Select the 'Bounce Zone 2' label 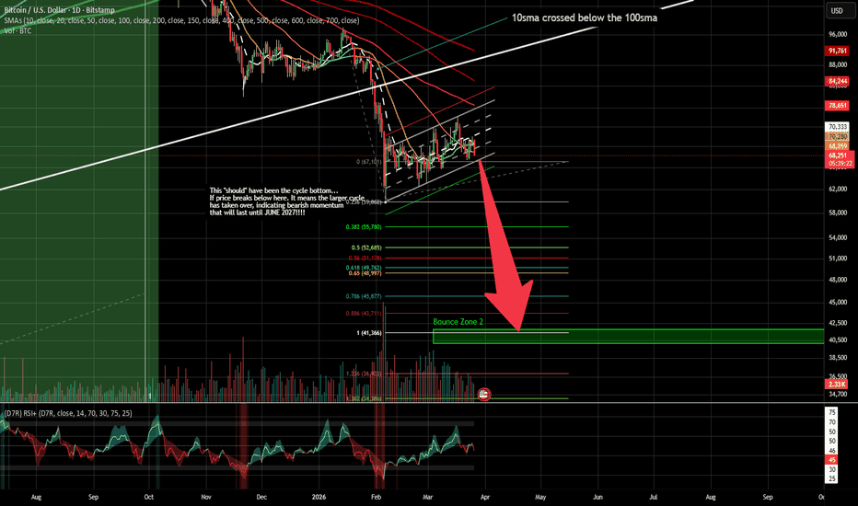click(458, 323)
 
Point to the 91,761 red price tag click(838, 51)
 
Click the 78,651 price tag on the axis click(838, 106)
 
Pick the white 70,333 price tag click(838, 127)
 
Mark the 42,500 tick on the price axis click(838, 322)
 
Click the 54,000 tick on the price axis click(838, 236)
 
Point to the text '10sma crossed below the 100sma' click(584, 17)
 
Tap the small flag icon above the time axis click(484, 393)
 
